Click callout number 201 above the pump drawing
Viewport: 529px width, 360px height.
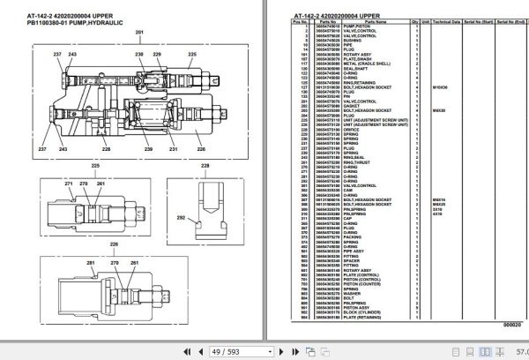138,33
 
